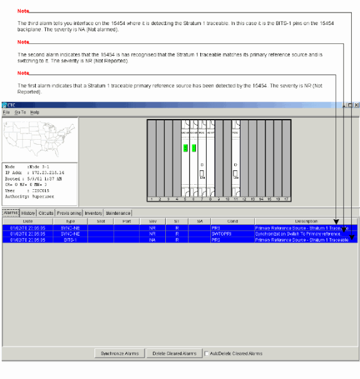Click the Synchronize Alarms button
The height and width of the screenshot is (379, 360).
(120, 353)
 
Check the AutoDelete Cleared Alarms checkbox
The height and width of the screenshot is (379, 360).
(207, 353)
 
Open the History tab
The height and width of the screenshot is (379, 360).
(28, 213)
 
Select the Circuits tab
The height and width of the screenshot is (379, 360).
(46, 213)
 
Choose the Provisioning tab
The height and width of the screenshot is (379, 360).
(69, 213)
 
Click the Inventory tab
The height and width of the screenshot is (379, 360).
(93, 213)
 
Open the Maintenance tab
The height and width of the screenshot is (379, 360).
(118, 213)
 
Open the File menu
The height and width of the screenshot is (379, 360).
(6, 112)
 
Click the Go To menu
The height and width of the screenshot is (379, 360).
(20, 112)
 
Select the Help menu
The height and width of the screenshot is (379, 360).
(35, 112)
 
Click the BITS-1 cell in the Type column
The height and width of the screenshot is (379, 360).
(70, 239)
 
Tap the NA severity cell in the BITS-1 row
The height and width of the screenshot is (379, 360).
(153, 239)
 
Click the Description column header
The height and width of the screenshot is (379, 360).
(306, 221)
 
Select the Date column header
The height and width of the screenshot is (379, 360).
(28, 221)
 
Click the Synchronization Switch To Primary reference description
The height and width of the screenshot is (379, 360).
(298, 234)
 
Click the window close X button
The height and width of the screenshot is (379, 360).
(356, 105)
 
